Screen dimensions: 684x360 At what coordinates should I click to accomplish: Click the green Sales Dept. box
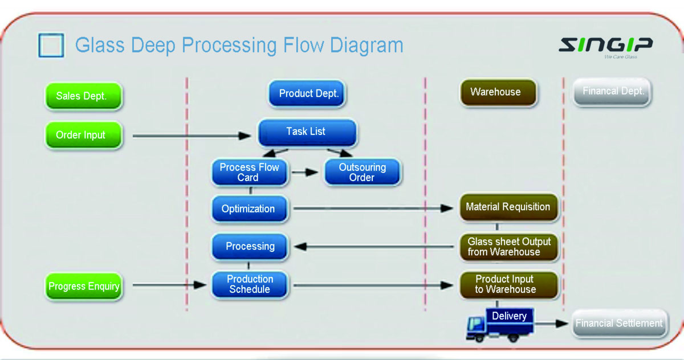tap(84, 96)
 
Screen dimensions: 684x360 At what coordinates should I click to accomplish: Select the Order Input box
tap(84, 135)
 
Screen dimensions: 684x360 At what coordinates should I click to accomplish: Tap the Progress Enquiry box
tap(84, 286)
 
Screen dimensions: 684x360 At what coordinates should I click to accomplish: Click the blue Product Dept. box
tap(307, 93)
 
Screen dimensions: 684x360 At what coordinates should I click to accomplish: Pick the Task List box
tap(307, 132)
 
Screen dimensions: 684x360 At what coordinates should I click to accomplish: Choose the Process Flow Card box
tap(250, 173)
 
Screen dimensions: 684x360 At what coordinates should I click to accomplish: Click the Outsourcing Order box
tap(363, 173)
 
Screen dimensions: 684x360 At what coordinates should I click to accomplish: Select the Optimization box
tap(250, 208)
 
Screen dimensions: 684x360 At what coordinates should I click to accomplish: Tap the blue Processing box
tap(250, 247)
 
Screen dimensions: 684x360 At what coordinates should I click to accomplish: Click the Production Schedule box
tap(250, 284)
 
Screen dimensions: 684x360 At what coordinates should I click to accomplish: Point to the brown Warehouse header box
tap(498, 92)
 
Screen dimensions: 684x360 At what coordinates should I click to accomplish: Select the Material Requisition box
tap(509, 207)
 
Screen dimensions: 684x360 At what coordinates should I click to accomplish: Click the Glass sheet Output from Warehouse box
tap(509, 247)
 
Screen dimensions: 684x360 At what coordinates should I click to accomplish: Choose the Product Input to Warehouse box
tap(509, 285)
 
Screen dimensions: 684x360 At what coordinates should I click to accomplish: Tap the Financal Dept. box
tap(612, 92)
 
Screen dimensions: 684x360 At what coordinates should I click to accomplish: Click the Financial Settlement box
tap(619, 324)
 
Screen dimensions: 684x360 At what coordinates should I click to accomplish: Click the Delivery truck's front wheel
tap(479, 338)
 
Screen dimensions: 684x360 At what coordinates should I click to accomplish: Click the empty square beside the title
tap(51, 45)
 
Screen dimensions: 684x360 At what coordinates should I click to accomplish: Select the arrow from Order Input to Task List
tap(192, 136)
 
